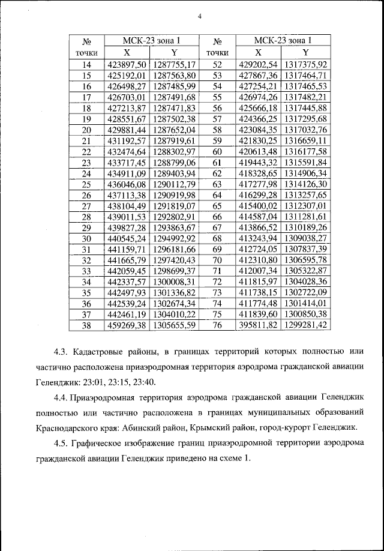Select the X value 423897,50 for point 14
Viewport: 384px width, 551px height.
pos(126,64)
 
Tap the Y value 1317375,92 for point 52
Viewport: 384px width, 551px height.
pos(305,64)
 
